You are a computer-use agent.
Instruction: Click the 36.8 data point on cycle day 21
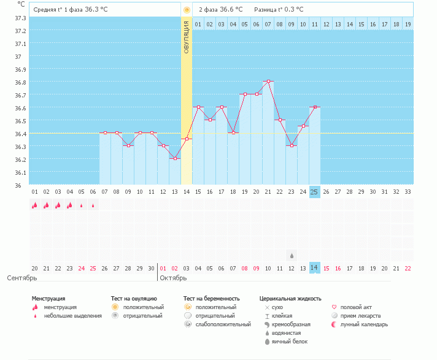pyautogui.click(x=268, y=81)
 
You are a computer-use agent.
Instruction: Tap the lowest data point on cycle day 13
pyautogui.click(x=175, y=158)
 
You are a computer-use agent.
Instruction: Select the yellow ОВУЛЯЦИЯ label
pyautogui.click(x=187, y=36)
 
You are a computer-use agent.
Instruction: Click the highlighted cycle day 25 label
pyautogui.click(x=314, y=192)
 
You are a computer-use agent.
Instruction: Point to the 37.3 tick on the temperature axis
pyautogui.click(x=20, y=18)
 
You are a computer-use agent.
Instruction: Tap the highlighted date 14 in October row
pyautogui.click(x=314, y=268)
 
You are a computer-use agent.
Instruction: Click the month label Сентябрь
pyautogui.click(x=21, y=278)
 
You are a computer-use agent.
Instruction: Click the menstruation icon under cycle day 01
pyautogui.click(x=34, y=205)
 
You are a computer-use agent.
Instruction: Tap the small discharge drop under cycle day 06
pyautogui.click(x=93, y=205)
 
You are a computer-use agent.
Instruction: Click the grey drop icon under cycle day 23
pyautogui.click(x=292, y=255)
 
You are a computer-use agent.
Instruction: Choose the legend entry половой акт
pyautogui.click(x=356, y=307)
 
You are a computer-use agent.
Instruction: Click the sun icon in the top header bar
pyautogui.click(x=187, y=10)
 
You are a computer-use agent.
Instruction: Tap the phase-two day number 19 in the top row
pyautogui.click(x=408, y=24)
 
